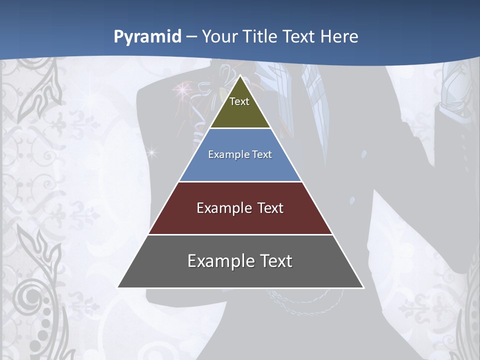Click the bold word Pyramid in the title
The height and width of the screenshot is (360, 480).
[147, 37]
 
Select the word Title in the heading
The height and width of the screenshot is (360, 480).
[262, 37]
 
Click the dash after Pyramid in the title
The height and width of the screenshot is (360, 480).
[191, 37]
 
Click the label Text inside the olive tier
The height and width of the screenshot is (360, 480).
[239, 101]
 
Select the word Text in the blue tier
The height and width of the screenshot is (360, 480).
[262, 154]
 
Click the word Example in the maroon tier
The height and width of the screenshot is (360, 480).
[219, 208]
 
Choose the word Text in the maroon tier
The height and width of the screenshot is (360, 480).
[270, 208]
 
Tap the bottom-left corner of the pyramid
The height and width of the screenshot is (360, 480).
[118, 287]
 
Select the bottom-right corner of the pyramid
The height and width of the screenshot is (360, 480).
[363, 287]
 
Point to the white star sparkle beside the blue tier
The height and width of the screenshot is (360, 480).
[152, 151]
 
